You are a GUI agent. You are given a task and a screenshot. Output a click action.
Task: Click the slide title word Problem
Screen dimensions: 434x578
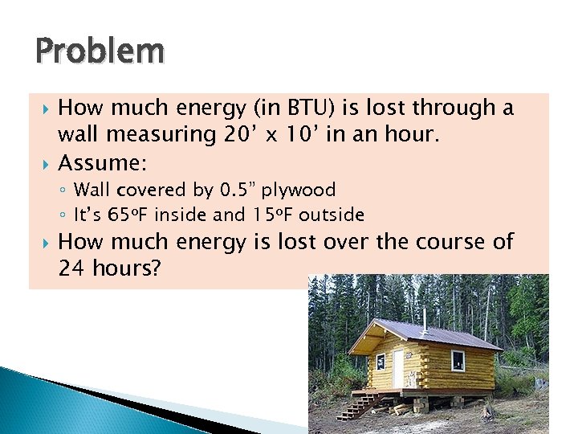pyautogui.click(x=100, y=51)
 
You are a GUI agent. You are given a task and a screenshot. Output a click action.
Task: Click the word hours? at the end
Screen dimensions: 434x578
pyautogui.click(x=125, y=268)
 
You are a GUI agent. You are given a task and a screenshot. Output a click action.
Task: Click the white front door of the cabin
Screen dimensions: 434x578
pyautogui.click(x=398, y=367)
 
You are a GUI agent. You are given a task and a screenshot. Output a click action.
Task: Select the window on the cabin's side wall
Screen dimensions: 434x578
pyautogui.click(x=458, y=360)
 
